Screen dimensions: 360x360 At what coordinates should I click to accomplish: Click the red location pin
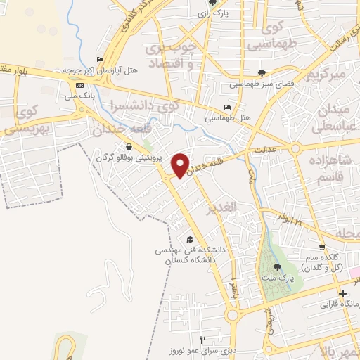click(181, 165)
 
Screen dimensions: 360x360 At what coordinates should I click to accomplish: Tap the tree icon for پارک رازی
click(213, 4)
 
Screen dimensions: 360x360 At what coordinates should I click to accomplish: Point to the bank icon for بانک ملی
click(78, 84)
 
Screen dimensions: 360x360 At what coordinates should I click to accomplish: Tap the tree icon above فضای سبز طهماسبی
click(262, 72)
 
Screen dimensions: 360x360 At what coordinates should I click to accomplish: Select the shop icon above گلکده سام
click(322, 247)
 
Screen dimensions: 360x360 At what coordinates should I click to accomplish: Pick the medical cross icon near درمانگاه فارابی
click(342, 293)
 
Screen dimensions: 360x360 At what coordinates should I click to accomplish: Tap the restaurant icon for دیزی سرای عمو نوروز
click(202, 338)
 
